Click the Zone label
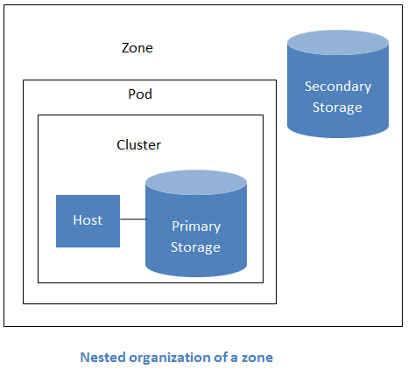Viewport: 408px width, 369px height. (x=137, y=48)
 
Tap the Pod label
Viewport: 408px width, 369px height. (x=140, y=94)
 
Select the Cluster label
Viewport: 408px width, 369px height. (x=138, y=144)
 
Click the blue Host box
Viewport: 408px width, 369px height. (x=88, y=220)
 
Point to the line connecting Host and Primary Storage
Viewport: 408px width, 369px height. (x=132, y=219)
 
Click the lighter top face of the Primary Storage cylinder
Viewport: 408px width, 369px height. (x=195, y=183)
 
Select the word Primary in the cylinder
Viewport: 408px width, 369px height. (x=196, y=226)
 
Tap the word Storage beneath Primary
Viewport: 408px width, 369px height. (x=196, y=247)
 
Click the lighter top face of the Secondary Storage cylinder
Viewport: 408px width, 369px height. (x=338, y=43)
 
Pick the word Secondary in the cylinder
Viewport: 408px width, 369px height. (x=338, y=87)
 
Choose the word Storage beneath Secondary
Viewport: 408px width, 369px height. (x=338, y=108)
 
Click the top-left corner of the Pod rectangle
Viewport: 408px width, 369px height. (x=24, y=80)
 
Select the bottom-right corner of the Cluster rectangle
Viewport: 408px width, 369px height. (x=262, y=282)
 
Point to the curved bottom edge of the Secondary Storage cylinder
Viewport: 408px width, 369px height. (x=338, y=137)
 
